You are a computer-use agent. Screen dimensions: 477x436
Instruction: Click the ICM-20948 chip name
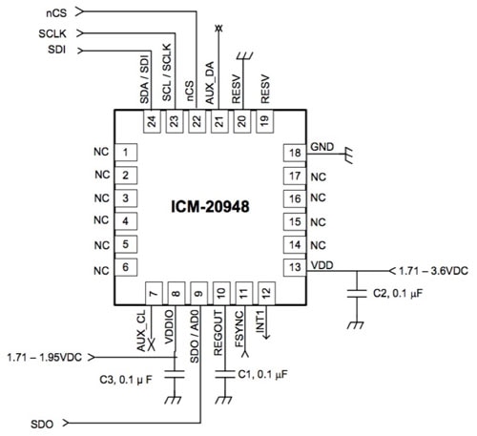point(210,207)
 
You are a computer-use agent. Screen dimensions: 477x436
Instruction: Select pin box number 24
point(152,121)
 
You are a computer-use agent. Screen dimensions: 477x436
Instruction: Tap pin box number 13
point(295,267)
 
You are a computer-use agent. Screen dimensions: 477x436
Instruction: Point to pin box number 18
point(295,153)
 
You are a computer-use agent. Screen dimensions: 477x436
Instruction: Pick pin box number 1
point(126,153)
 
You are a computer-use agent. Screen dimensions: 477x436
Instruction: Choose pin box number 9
point(198,293)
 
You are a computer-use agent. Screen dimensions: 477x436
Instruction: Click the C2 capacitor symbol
point(357,293)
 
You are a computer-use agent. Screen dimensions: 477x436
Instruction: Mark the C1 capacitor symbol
point(225,374)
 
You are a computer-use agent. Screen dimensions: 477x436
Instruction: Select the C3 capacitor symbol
point(175,374)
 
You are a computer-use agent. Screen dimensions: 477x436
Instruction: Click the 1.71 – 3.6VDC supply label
point(433,271)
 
